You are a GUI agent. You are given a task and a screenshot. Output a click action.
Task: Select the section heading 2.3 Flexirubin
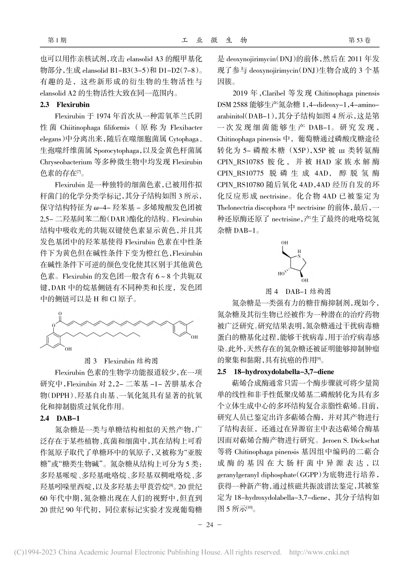coord(65,105)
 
